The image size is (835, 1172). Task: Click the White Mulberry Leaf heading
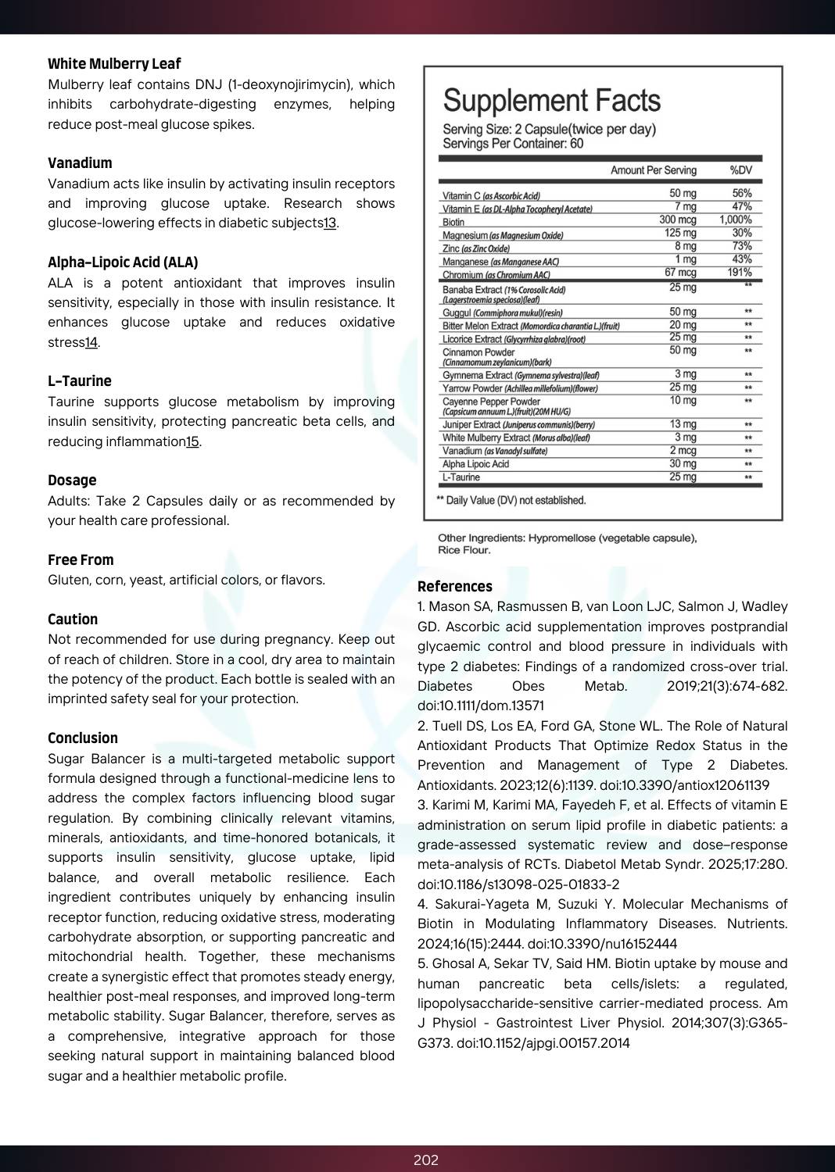coord(114,64)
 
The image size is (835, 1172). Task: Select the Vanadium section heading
coord(80,163)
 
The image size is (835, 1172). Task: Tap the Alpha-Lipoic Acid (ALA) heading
coord(123,263)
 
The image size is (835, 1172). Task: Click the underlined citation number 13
coord(330,223)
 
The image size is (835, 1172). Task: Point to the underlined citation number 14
coord(91,342)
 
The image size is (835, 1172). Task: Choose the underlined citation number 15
coord(192,441)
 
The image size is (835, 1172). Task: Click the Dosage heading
coord(72,481)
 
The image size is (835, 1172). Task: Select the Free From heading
coord(81,560)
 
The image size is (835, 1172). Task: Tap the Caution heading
coord(73,620)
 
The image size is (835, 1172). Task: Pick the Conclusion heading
coord(83,738)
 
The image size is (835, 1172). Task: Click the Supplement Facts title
coord(551,101)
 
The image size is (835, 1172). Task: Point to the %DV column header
coord(740,170)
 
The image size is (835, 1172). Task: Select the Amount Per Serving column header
coord(653,170)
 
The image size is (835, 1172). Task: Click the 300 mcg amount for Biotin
coord(677,220)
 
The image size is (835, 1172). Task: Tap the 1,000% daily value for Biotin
coord(735,220)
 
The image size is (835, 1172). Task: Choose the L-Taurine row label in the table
coord(461,477)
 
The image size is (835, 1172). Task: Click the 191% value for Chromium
coord(740,273)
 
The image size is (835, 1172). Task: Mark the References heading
coord(455,587)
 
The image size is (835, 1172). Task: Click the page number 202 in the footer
coord(426,1160)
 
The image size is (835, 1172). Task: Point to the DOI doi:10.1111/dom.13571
coord(481,706)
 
